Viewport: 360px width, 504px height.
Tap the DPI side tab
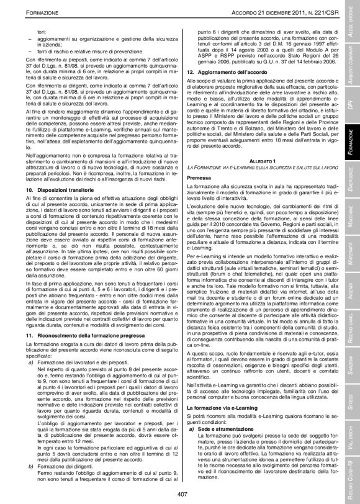pyautogui.click(x=351, y=91)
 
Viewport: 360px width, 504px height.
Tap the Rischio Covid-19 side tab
pyautogui.click(x=351, y=479)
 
